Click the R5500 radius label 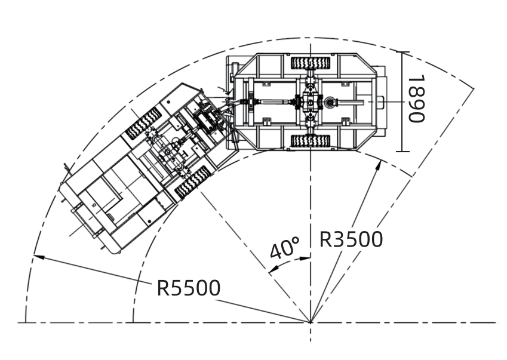188,288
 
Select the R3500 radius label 351,239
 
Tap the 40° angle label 284,248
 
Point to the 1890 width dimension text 415,99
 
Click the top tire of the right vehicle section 310,61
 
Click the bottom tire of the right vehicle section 310,141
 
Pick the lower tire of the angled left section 192,182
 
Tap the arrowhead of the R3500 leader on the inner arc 378,164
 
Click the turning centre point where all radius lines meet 311,322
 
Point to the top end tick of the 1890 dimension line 403,53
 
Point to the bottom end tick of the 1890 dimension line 403,151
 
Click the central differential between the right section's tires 311,103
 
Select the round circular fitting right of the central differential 330,103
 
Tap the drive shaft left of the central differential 275,103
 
